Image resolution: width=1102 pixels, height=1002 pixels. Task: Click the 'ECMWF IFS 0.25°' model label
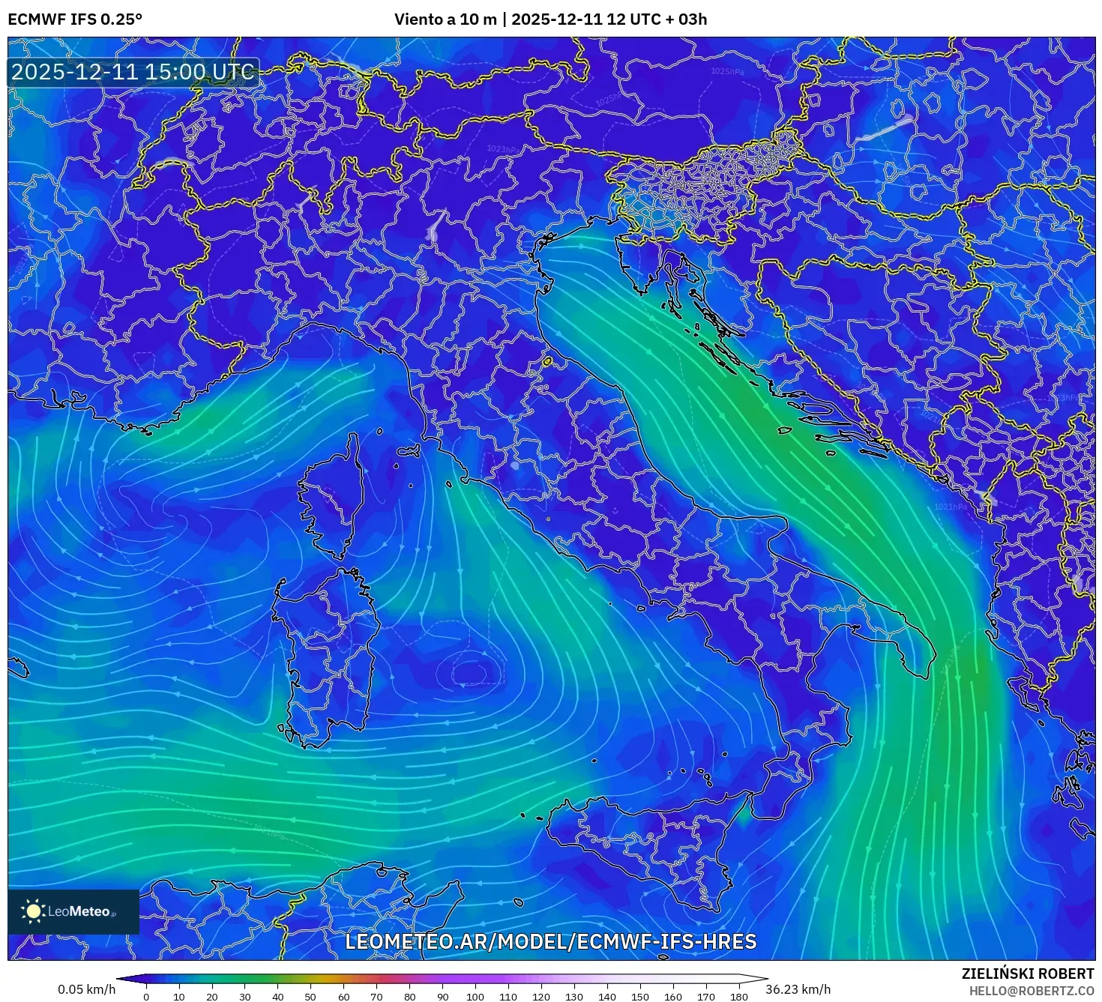point(75,19)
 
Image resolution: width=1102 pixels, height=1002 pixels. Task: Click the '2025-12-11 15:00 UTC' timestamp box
point(133,73)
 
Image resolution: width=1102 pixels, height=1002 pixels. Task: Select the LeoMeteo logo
point(73,911)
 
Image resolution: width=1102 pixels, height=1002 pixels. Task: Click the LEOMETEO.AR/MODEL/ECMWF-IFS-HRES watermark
point(550,942)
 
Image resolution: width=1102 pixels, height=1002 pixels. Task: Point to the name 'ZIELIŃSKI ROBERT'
point(1027,974)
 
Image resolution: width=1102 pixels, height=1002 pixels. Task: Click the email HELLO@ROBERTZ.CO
point(1031,990)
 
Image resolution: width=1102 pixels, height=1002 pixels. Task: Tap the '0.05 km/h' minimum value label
point(86,989)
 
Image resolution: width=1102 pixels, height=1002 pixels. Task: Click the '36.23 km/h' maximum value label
point(797,989)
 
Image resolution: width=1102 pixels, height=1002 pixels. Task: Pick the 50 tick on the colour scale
point(310,997)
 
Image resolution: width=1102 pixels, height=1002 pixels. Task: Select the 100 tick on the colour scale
point(475,997)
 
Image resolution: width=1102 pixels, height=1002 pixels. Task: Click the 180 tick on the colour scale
point(739,997)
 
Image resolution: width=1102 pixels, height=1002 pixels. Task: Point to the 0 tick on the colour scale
point(146,997)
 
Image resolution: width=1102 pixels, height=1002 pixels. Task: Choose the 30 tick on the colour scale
point(244,997)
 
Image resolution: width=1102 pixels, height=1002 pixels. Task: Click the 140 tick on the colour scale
point(607,997)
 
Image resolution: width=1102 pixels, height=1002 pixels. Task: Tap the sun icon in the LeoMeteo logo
point(33,911)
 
